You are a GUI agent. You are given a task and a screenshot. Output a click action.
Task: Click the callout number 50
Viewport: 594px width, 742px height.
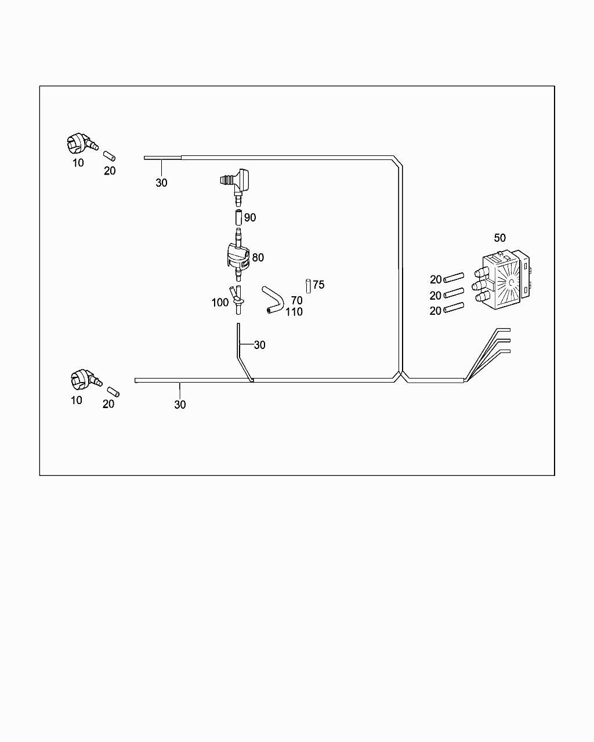pos(499,238)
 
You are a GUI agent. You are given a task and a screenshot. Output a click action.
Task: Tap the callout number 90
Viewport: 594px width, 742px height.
pos(250,218)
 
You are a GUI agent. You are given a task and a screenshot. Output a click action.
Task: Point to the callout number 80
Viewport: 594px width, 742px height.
pos(258,257)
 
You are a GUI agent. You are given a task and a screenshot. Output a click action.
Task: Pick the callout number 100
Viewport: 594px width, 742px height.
pos(220,303)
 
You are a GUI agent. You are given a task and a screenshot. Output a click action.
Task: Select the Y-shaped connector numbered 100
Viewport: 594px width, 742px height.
pos(237,297)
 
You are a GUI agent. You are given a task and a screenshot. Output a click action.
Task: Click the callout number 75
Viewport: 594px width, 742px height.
pos(318,285)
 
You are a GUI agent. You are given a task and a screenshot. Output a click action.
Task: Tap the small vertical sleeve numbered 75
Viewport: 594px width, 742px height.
pos(307,286)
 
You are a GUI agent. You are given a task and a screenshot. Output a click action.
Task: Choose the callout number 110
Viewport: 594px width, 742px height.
pos(294,312)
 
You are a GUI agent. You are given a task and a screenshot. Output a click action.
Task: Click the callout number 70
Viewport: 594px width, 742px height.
pos(296,301)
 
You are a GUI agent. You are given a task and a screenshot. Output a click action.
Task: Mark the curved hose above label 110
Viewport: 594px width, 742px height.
pos(272,299)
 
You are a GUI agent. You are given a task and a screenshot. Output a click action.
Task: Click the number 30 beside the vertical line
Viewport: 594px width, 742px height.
pos(259,345)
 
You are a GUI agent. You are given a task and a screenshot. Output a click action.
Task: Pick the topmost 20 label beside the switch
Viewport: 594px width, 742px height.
pos(436,280)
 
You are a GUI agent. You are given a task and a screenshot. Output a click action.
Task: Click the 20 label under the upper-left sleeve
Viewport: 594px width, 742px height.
pos(110,171)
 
